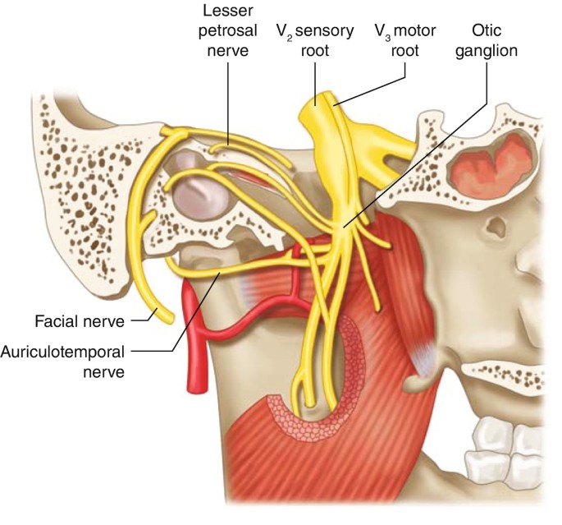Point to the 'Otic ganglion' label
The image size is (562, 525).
(x=496, y=40)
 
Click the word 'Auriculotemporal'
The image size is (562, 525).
(x=65, y=352)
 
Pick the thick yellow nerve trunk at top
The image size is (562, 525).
(x=317, y=119)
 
